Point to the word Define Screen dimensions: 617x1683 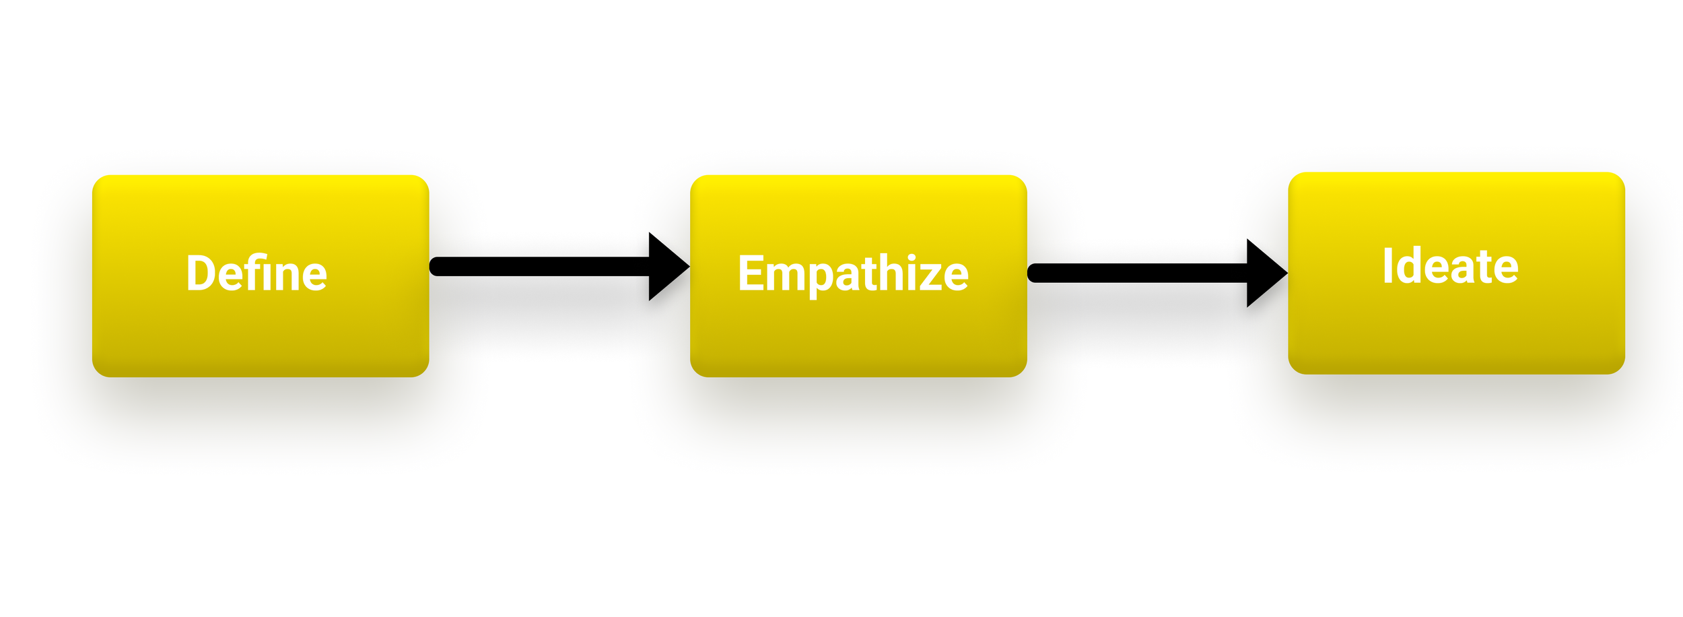[x=256, y=273]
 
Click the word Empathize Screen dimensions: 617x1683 [x=853, y=273]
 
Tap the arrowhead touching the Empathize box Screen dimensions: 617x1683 [x=666, y=267]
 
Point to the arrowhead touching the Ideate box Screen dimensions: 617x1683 [x=1264, y=273]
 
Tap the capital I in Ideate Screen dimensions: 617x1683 [x=1387, y=266]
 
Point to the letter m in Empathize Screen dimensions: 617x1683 [x=786, y=276]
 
